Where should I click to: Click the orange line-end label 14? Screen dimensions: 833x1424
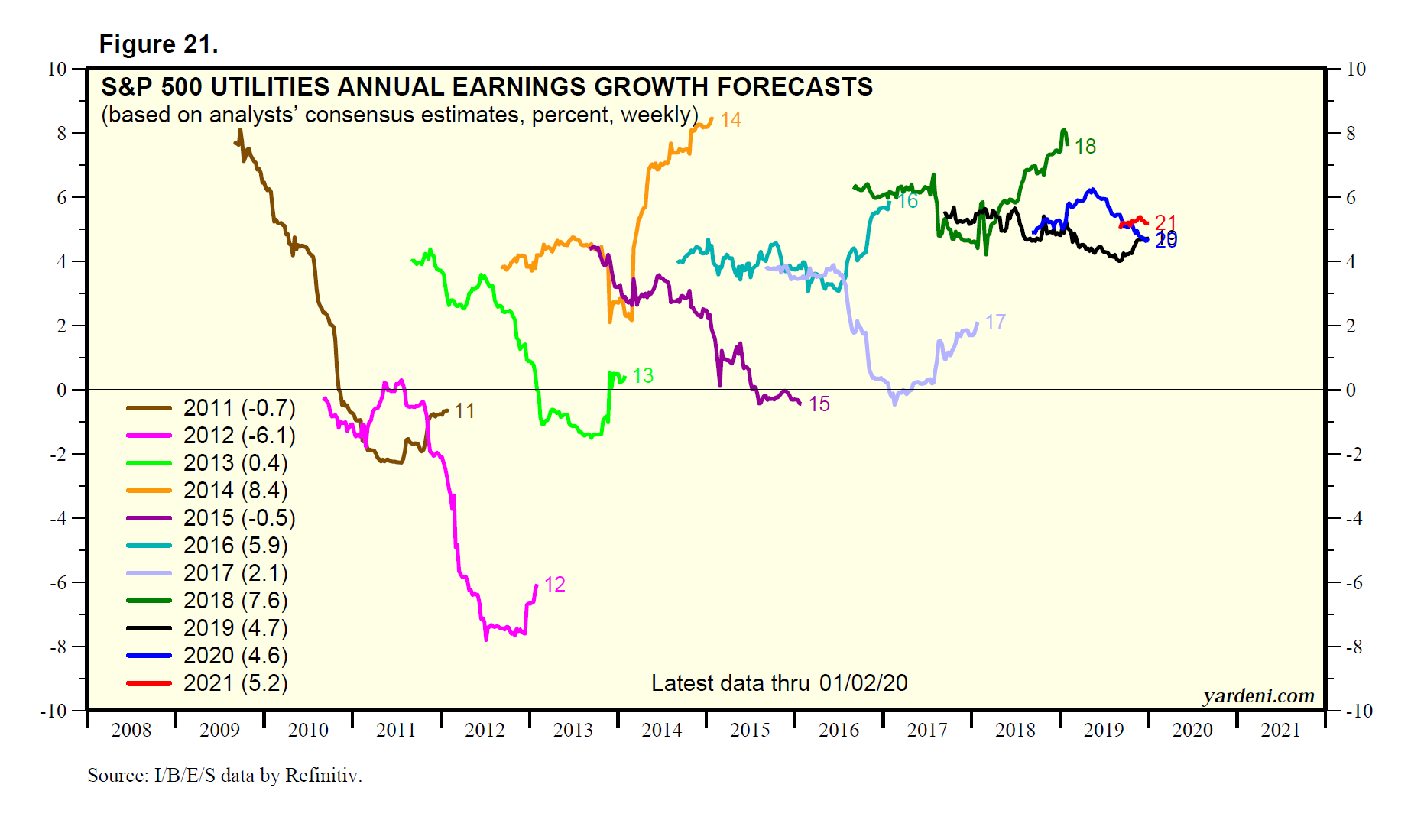tap(731, 120)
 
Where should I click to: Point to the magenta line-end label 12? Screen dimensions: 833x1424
tap(554, 585)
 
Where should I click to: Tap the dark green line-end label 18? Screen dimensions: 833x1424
tap(1085, 147)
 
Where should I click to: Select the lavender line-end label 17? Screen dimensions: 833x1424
tap(994, 323)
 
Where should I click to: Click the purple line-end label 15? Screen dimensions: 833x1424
tap(819, 404)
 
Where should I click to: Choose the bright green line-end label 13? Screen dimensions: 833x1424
tap(643, 376)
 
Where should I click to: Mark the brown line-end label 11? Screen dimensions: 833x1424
tap(464, 411)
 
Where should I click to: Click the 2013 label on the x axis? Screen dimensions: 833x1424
tap(573, 731)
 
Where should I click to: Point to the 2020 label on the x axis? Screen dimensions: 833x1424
tap(1192, 731)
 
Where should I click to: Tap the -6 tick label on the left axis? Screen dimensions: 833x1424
tap(58, 582)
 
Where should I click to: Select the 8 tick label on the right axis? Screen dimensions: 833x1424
tap(1351, 133)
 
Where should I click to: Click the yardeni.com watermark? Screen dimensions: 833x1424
tap(1258, 695)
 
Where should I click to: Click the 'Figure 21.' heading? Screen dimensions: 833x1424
tap(158, 44)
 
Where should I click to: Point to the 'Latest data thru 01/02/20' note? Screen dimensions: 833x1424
tap(779, 683)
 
